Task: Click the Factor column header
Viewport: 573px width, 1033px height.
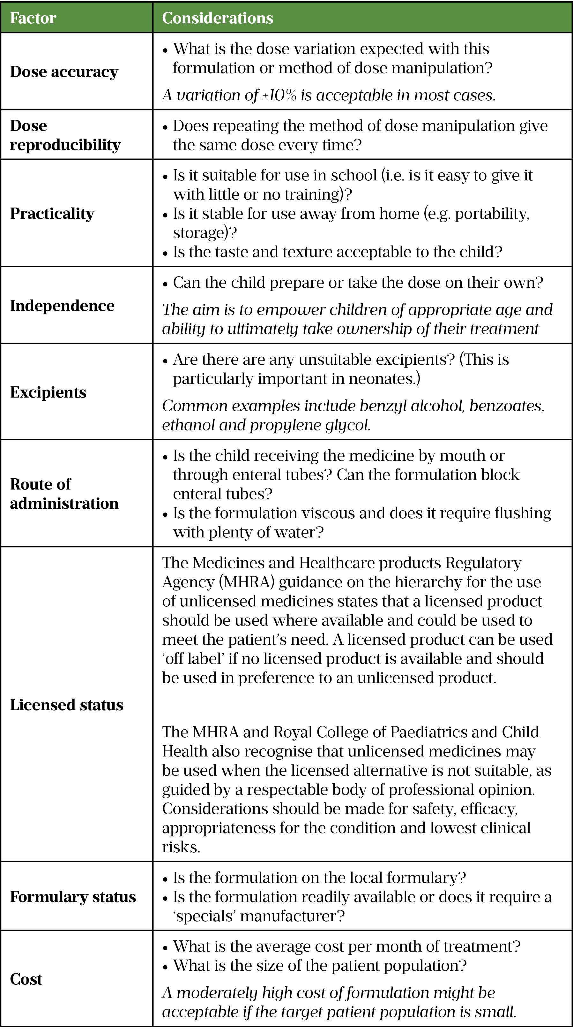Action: tap(33, 18)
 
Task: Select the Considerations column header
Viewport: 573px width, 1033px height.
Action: tap(217, 18)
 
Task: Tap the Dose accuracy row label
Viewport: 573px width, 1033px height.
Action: tap(64, 72)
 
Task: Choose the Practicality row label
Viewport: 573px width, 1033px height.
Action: tap(52, 213)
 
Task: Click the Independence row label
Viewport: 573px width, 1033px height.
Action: tap(62, 306)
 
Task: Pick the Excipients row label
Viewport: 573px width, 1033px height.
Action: tap(48, 392)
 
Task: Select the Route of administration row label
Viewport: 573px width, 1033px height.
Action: tap(64, 494)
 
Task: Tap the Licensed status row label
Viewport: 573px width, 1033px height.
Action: tap(66, 705)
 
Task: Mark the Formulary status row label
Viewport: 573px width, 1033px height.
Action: tap(73, 897)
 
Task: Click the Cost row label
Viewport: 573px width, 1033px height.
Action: tap(26, 979)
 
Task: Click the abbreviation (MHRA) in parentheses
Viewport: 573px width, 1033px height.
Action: tap(246, 582)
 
